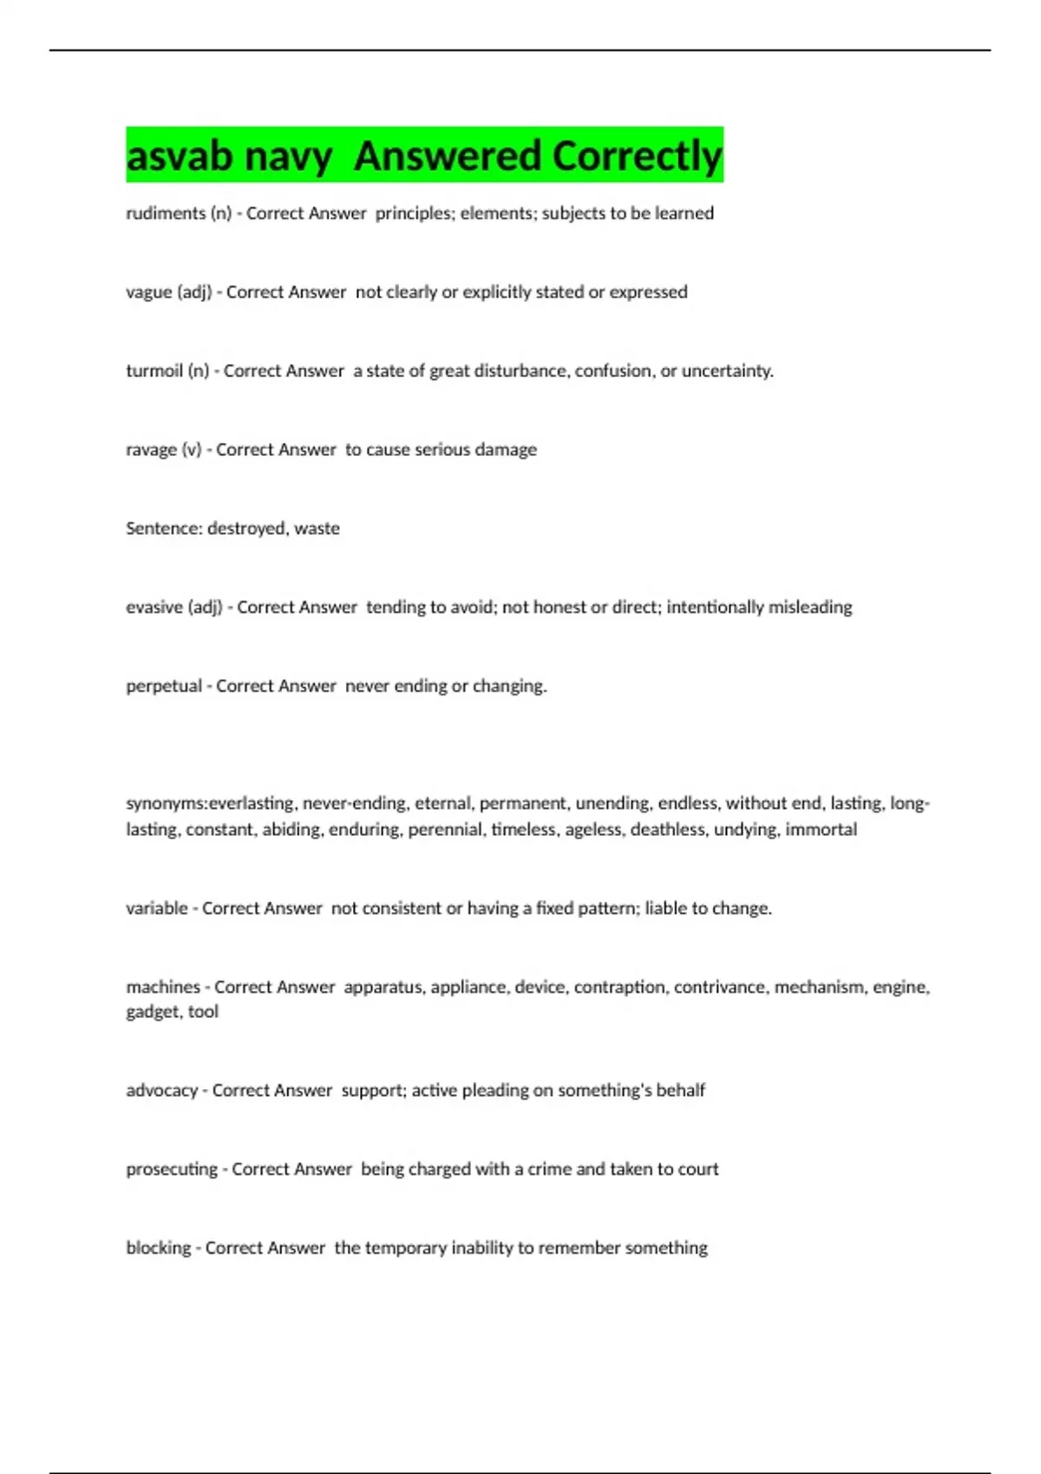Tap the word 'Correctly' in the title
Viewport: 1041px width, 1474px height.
point(637,156)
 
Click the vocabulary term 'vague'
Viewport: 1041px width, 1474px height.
point(149,292)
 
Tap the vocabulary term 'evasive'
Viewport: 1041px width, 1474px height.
point(154,607)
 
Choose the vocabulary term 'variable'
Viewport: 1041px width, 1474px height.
point(157,908)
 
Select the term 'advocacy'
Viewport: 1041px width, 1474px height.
point(162,1090)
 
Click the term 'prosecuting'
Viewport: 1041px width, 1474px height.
point(172,1169)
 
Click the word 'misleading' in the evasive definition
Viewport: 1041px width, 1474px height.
point(810,607)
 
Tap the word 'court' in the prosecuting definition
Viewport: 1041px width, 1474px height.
point(698,1169)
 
